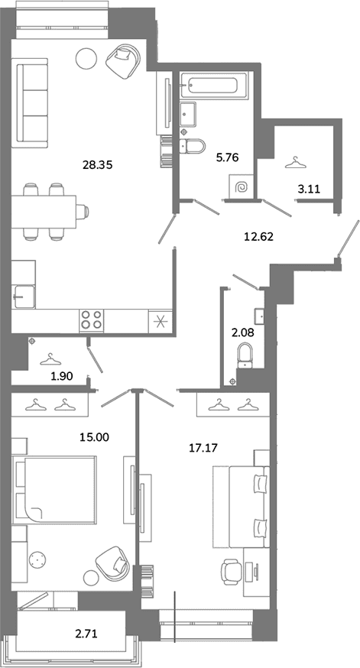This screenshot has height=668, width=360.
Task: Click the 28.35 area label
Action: [97, 165]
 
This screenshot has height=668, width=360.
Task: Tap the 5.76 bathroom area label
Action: [227, 158]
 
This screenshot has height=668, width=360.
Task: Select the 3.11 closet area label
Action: [309, 190]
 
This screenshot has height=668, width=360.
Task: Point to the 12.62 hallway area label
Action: [258, 236]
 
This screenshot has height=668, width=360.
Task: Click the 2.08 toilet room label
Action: [242, 332]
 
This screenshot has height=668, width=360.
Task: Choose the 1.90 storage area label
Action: [62, 376]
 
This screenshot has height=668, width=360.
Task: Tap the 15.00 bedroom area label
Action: [95, 436]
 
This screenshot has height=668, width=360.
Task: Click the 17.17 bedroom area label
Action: [203, 447]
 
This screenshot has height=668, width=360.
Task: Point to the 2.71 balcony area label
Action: [86, 634]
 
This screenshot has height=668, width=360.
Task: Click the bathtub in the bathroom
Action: [214, 85]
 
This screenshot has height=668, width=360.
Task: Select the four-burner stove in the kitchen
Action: [92, 320]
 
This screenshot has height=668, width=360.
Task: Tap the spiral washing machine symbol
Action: [241, 186]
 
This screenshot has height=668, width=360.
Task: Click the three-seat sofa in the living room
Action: [31, 102]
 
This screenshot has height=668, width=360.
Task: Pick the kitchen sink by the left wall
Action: [23, 296]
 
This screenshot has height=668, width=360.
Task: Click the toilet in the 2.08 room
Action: [245, 355]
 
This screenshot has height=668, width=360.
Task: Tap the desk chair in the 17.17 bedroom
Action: [232, 571]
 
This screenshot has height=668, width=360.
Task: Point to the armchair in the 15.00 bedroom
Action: [112, 563]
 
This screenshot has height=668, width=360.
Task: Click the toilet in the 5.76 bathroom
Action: [193, 146]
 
